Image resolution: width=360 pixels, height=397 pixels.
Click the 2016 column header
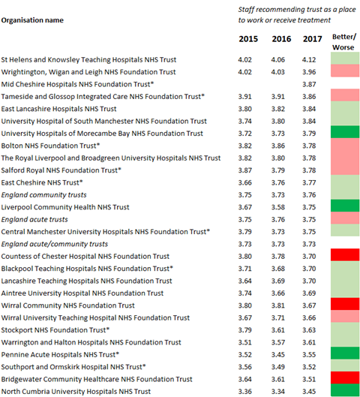(281, 39)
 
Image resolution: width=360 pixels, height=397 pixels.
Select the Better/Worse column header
(343, 42)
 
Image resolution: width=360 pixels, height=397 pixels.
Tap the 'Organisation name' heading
(32, 20)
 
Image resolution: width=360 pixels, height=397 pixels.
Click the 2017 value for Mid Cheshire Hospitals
(309, 84)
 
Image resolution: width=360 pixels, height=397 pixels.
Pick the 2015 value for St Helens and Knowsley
(245, 60)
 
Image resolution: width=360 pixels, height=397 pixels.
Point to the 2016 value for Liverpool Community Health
(278, 207)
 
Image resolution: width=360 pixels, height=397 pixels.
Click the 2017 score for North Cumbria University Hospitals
(309, 392)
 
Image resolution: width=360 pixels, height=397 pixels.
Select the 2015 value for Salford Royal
(245, 170)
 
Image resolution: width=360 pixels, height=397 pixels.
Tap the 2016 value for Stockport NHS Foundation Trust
(278, 330)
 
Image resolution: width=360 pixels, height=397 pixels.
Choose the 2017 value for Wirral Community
(309, 305)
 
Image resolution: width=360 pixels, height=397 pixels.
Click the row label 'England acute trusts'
(34, 220)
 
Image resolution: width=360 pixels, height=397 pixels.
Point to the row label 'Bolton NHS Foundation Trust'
(50, 146)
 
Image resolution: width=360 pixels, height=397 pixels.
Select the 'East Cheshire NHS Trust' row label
(42, 182)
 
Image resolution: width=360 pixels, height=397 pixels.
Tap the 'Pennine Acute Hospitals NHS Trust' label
(60, 355)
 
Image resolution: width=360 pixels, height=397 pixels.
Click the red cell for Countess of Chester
(345, 254)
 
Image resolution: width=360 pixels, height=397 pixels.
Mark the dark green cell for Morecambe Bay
(345, 132)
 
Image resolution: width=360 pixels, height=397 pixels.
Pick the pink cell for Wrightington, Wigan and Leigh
(345, 71)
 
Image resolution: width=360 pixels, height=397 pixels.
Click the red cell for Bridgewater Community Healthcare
(345, 377)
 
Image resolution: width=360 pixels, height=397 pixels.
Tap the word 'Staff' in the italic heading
(246, 10)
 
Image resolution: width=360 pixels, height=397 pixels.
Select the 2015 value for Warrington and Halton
(245, 342)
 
